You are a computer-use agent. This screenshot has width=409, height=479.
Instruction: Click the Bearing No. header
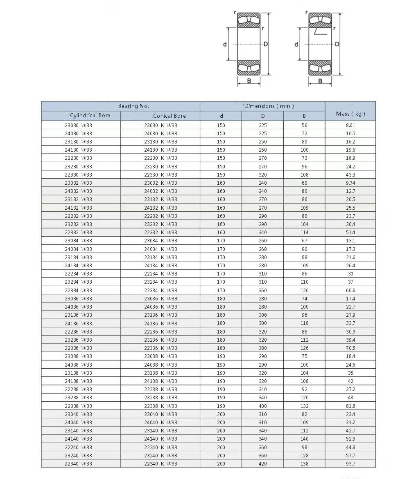coord(133,106)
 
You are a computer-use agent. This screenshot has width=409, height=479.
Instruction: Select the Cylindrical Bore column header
coord(90,116)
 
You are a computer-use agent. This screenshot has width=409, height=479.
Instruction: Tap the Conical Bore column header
coord(169,116)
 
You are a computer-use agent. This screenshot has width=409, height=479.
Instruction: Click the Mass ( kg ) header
coord(350,114)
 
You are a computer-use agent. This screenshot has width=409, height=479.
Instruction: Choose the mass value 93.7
coord(350,464)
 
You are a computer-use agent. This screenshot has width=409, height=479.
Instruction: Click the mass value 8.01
coord(350,125)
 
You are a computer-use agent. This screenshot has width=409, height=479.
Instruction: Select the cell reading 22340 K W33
coord(160,464)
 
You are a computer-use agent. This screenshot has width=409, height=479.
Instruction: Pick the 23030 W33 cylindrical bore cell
coord(79,125)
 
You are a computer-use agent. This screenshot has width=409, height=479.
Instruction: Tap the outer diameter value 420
coord(262,464)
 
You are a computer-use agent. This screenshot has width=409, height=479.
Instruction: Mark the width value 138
coord(304,464)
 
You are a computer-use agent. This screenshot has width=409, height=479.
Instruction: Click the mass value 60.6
coord(350,291)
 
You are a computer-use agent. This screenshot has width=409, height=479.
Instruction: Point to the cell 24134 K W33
coord(160,266)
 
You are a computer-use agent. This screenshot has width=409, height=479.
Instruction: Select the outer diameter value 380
coord(262,348)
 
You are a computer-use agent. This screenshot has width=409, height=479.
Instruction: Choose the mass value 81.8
coord(350,406)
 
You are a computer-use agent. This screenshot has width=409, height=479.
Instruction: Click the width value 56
coord(304,125)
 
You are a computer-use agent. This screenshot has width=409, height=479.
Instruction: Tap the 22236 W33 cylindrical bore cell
coord(79,332)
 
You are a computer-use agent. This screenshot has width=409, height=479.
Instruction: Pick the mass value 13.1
coord(350,241)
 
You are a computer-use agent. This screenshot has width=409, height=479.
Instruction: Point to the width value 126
coord(304,348)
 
